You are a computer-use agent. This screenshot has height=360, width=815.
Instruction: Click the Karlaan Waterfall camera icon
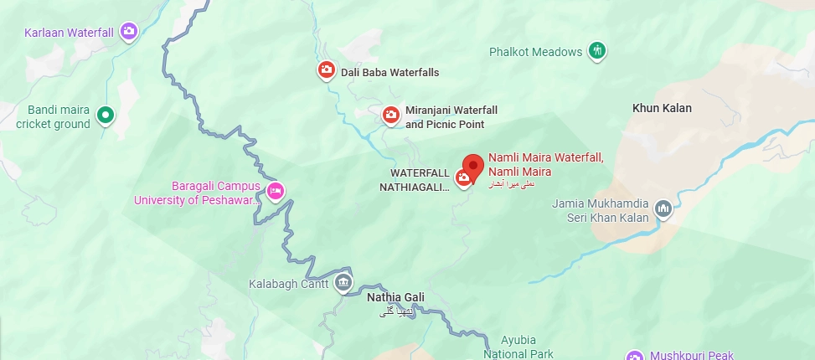pyautogui.click(x=128, y=32)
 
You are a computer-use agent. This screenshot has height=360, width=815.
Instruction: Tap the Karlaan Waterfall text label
pyautogui.click(x=69, y=33)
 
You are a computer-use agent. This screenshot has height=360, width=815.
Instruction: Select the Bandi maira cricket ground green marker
pyautogui.click(x=105, y=116)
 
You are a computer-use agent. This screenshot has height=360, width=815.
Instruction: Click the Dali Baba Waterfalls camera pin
pyautogui.click(x=326, y=70)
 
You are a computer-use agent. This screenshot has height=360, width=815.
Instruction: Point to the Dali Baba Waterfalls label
pyautogui.click(x=389, y=73)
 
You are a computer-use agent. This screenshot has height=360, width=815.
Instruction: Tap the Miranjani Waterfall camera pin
pyautogui.click(x=390, y=115)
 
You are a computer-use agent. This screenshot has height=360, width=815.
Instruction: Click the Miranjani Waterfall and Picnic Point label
pyautogui.click(x=451, y=117)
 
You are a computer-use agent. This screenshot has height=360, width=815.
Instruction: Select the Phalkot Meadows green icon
pyautogui.click(x=596, y=50)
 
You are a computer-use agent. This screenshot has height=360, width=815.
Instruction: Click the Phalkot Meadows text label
pyautogui.click(x=535, y=52)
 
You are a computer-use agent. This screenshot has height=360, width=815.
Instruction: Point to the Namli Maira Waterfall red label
pyautogui.click(x=545, y=163)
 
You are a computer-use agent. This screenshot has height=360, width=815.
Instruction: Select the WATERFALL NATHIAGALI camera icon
pyautogui.click(x=462, y=177)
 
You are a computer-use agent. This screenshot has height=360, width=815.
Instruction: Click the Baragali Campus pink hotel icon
pyautogui.click(x=275, y=191)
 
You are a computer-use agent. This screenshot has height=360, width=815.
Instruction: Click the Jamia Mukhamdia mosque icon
pyautogui.click(x=663, y=208)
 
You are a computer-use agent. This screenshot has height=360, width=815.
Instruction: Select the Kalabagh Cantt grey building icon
pyautogui.click(x=343, y=284)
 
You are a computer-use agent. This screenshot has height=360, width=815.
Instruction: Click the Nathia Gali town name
pyautogui.click(x=396, y=297)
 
